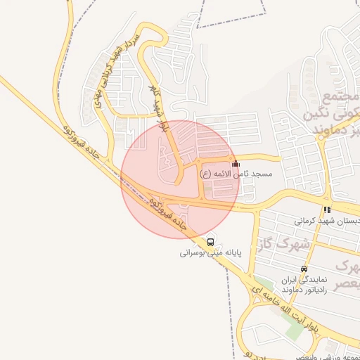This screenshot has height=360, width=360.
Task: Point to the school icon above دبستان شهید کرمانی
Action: tap(327, 210)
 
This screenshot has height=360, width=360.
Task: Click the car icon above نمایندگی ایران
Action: tap(304, 269)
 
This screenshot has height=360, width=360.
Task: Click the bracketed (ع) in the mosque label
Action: tap(205, 173)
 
